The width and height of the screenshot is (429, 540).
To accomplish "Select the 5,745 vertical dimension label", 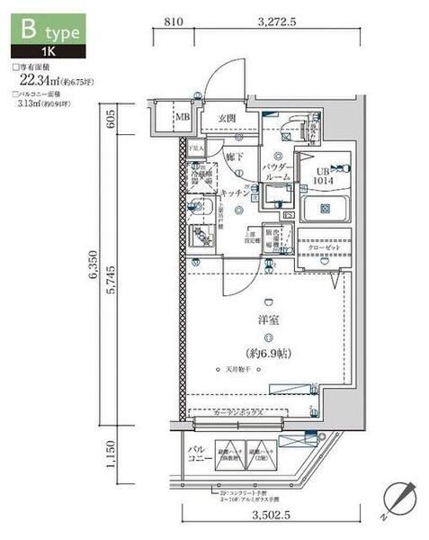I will coord(121,286).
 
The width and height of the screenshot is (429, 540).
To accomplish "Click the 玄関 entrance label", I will coord(226,117).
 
